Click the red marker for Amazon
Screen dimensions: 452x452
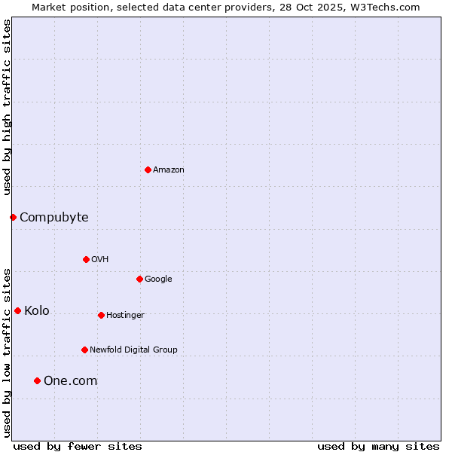click(x=148, y=169)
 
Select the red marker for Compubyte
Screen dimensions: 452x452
click(x=13, y=217)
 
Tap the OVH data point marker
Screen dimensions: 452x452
click(x=86, y=259)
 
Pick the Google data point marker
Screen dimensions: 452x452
click(x=139, y=279)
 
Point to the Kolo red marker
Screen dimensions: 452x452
click(x=17, y=310)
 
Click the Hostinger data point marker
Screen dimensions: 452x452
click(x=101, y=315)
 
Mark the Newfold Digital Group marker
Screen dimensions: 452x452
click(x=84, y=350)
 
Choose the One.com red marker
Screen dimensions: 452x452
click(x=37, y=380)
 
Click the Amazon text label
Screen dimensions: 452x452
click(x=169, y=170)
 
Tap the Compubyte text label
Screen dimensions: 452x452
click(x=54, y=218)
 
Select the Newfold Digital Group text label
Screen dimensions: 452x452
click(x=133, y=350)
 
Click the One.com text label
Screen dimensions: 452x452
click(x=71, y=381)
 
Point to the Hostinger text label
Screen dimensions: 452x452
click(x=125, y=315)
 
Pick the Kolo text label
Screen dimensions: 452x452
click(x=37, y=311)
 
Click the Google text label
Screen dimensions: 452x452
click(x=158, y=279)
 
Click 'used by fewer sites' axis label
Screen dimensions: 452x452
click(x=78, y=446)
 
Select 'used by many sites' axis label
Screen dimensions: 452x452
click(x=378, y=446)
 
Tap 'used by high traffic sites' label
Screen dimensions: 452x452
click(x=7, y=107)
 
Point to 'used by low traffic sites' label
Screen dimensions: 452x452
click(x=7, y=353)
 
